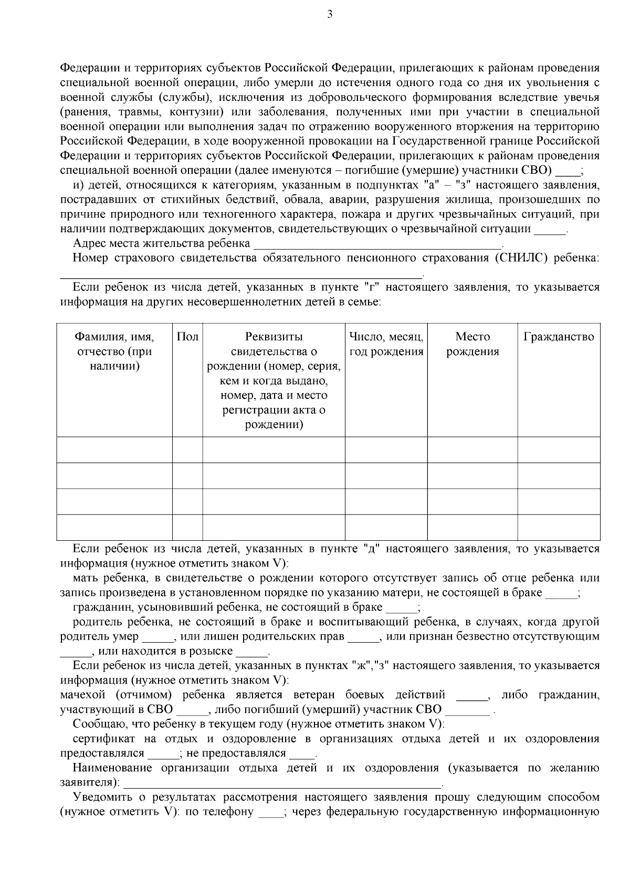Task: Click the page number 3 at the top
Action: tap(330, 14)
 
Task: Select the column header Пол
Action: tap(187, 337)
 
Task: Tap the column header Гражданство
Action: tap(559, 337)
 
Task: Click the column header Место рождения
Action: tap(472, 344)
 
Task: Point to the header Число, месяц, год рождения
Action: tap(386, 344)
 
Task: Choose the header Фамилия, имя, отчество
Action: tap(114, 352)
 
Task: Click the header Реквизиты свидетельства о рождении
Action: tap(274, 381)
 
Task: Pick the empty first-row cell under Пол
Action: tap(187, 450)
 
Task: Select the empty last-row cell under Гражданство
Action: tap(559, 528)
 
